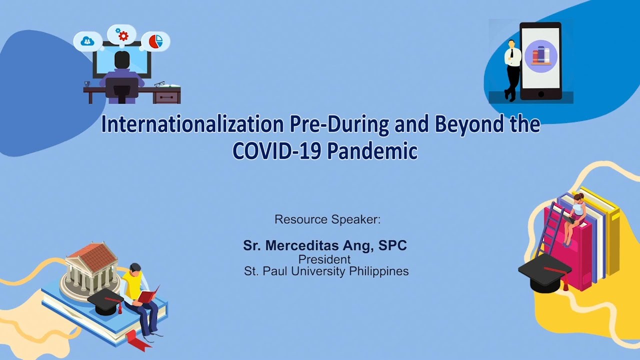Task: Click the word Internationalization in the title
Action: pos(192,124)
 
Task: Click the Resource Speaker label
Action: pos(327,219)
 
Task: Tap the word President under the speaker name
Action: pos(324,259)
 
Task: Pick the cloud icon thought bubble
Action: pos(87,41)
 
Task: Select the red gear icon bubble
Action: pos(121,35)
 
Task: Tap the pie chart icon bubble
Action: pos(155,41)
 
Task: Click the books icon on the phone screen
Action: pos(540,55)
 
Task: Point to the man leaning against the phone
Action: pos(511,70)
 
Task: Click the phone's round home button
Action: pos(540,94)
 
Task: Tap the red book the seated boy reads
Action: pos(148,295)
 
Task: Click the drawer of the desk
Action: pos(166,97)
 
